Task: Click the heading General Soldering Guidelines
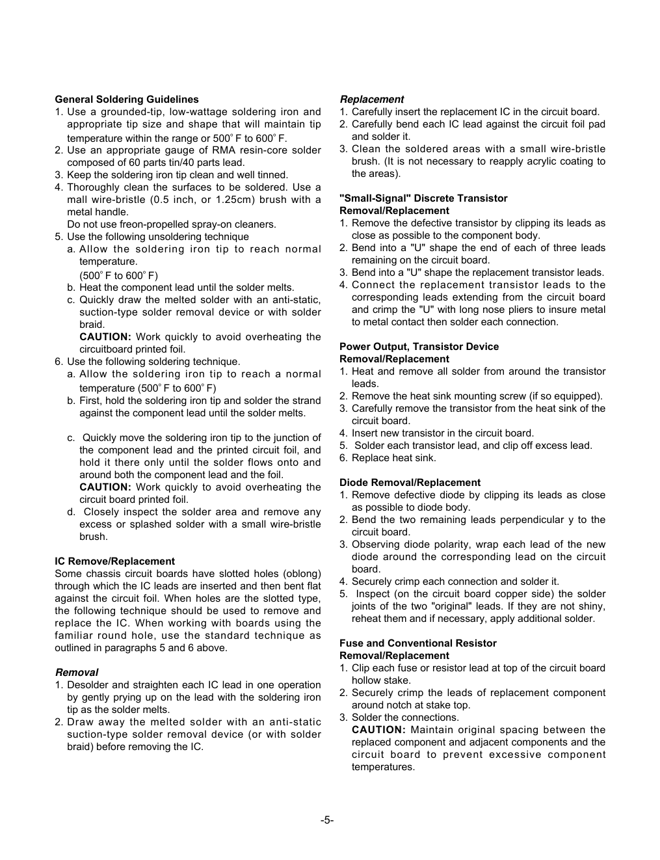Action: pyautogui.click(x=127, y=100)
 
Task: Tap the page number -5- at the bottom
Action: pyautogui.click(x=327, y=820)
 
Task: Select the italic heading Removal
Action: pyautogui.click(x=77, y=673)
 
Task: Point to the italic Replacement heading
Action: pyautogui.click(x=371, y=100)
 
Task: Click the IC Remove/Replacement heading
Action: pyautogui.click(x=114, y=561)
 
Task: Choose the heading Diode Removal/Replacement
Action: pyautogui.click(x=410, y=483)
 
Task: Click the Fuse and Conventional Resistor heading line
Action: pyautogui.click(x=417, y=643)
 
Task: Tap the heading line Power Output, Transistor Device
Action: pyautogui.click(x=419, y=347)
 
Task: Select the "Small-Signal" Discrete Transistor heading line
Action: pyautogui.click(x=423, y=198)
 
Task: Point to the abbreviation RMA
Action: pyautogui.click(x=223, y=150)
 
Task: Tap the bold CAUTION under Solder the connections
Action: pyautogui.click(x=378, y=730)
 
